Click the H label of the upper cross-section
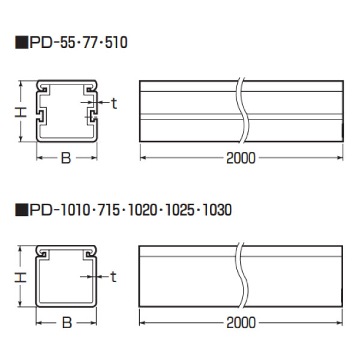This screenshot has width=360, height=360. coord(20,112)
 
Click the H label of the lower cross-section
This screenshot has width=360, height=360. coord(20,277)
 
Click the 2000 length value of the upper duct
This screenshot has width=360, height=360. coord(241,158)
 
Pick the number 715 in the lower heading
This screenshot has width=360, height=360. coord(109,209)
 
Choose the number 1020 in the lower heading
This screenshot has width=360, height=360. coord(142,209)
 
